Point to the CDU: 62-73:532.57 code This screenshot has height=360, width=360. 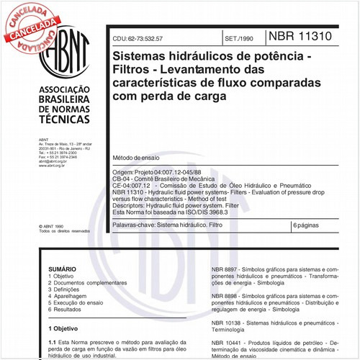pyautogui.click(x=147, y=37)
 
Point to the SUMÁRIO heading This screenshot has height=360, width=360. pyautogui.click(x=62, y=267)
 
